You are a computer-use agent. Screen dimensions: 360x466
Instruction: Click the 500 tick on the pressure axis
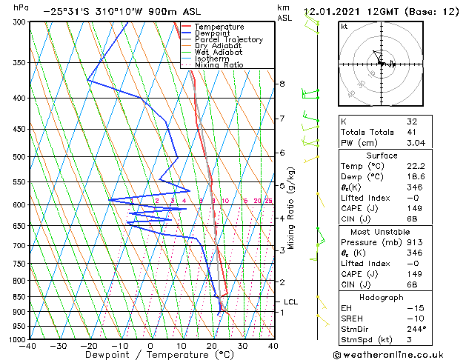click(18, 157)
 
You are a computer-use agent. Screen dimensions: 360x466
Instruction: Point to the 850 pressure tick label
click(18, 296)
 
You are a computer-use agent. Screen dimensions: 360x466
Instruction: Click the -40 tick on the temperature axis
click(28, 345)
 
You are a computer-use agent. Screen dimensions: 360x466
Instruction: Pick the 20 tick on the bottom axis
click(211, 345)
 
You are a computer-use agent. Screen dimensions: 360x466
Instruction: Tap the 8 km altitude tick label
click(282, 84)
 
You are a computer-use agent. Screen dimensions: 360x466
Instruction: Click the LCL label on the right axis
click(290, 302)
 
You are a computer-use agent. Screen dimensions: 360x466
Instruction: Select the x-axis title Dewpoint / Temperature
click(150, 355)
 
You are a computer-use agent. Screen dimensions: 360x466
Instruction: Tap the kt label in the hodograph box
click(344, 26)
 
